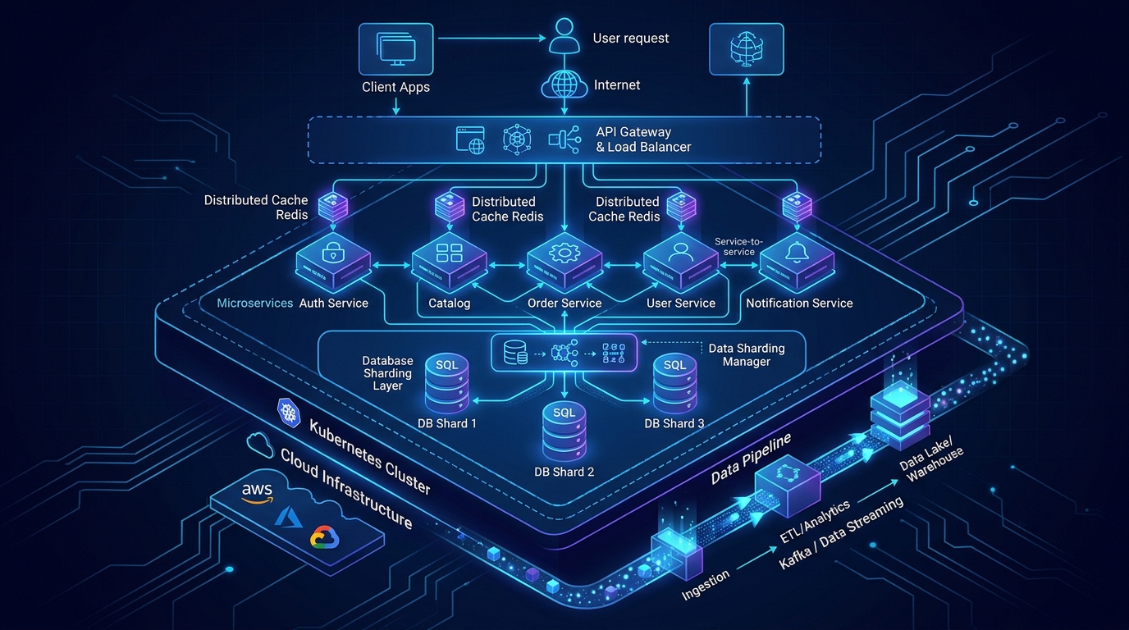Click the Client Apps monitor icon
[x=395, y=49]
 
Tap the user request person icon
[x=564, y=36]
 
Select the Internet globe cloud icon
[x=564, y=84]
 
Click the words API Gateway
[x=633, y=132]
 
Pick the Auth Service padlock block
[x=332, y=262]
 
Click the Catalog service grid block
[x=449, y=262]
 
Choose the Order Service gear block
[x=564, y=262]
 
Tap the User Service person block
[x=680, y=262]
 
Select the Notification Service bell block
[x=797, y=262]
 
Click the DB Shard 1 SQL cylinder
[x=446, y=384]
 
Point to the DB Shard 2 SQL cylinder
[x=564, y=432]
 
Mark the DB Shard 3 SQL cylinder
[x=675, y=384]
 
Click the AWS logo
[x=257, y=493]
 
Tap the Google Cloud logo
[x=324, y=536]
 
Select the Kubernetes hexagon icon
[x=289, y=413]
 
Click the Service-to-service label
[x=739, y=246]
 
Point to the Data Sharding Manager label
[x=747, y=355]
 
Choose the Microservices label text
[x=254, y=303]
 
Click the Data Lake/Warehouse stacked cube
[x=900, y=415]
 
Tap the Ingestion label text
[x=705, y=585]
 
